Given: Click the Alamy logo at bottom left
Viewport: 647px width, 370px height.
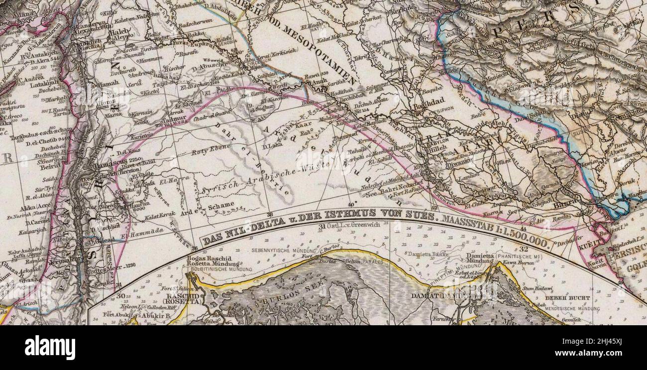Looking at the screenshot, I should (50, 347).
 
